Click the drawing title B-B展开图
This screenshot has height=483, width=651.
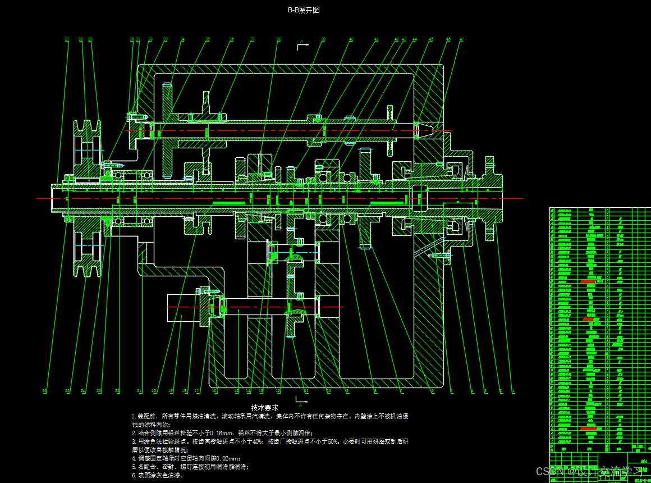pos(304,10)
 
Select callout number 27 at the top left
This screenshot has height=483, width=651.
pos(67,39)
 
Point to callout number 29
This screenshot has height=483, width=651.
pos(90,39)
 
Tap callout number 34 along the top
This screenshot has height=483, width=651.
pos(182,39)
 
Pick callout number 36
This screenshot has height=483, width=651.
pos(231,39)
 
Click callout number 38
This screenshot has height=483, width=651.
pos(278,39)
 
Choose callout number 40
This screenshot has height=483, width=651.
pos(351,39)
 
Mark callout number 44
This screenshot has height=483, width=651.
pos(415,39)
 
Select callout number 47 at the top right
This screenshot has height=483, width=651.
pos(461,39)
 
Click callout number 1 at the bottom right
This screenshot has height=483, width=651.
pos(514,390)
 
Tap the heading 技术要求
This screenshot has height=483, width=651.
pos(264,408)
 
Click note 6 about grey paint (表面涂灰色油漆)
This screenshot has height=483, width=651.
pos(158,475)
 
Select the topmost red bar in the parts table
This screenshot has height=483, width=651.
pos(588,280)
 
